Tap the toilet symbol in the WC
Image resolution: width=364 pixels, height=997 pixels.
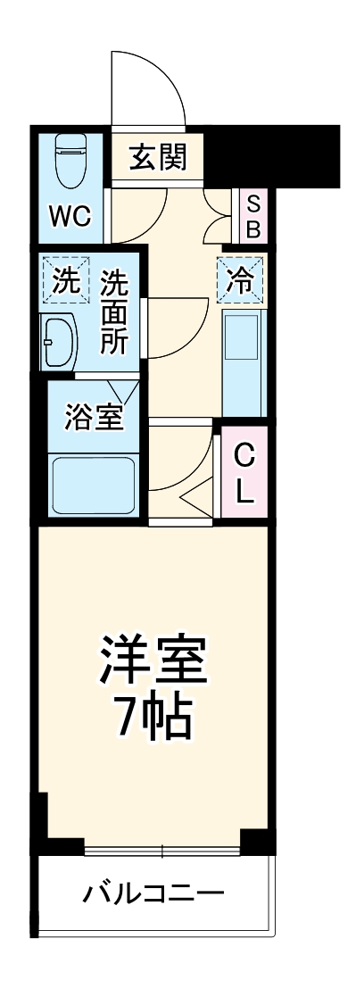click(69, 160)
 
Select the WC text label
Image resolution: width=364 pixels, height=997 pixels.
click(69, 217)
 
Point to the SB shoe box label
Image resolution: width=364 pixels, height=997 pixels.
click(252, 215)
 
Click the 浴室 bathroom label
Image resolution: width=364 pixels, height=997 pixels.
click(94, 417)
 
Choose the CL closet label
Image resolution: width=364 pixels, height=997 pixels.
click(244, 474)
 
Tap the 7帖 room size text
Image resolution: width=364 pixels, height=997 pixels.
click(153, 716)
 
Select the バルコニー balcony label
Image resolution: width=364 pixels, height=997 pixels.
click(153, 893)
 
